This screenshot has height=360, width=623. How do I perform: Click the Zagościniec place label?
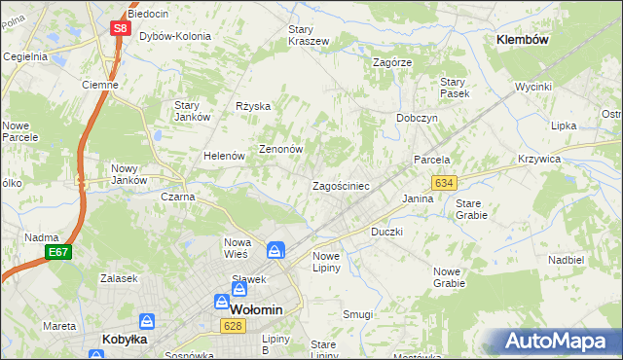pyautogui.click(x=340, y=186)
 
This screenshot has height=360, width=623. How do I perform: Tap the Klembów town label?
pyautogui.click(x=523, y=40)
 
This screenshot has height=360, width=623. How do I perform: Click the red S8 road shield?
pyautogui.click(x=119, y=28)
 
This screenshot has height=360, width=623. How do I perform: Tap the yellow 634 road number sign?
pyautogui.click(x=445, y=182)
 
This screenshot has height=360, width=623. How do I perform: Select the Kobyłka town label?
pyautogui.click(x=125, y=340)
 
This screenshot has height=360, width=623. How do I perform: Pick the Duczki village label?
pyautogui.click(x=387, y=233)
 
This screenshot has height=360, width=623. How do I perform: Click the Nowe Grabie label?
pyautogui.click(x=449, y=277)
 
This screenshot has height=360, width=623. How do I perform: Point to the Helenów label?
pyautogui.click(x=222, y=156)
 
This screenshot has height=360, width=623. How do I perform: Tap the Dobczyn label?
pyautogui.click(x=417, y=117)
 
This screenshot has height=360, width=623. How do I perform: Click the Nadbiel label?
pyautogui.click(x=566, y=260)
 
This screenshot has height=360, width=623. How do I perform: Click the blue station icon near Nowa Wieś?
pyautogui.click(x=276, y=250)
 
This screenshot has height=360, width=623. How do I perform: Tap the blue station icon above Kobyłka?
pyautogui.click(x=146, y=320)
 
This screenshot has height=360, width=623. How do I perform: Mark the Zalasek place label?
pyautogui.click(x=117, y=278)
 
